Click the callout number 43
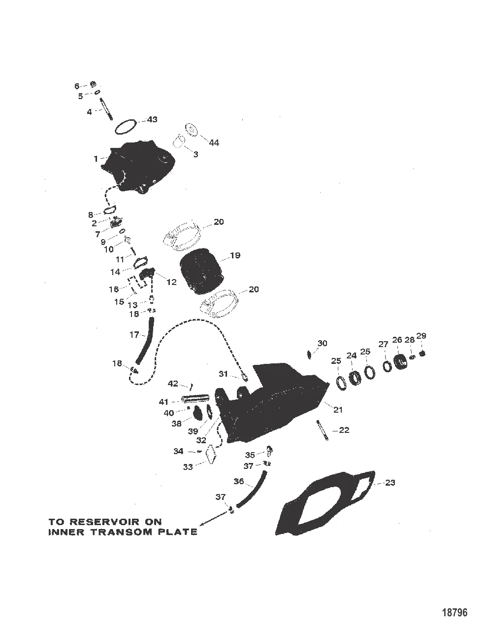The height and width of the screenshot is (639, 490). click(x=152, y=120)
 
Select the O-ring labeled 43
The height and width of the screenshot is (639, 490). click(x=125, y=127)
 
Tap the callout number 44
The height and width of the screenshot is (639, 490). click(x=214, y=142)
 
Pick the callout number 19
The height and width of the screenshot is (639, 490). click(x=235, y=255)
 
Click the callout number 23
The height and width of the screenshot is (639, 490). click(x=390, y=483)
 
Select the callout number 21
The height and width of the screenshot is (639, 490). click(x=338, y=410)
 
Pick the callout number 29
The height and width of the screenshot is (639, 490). click(x=421, y=336)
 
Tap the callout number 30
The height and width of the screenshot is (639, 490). click(x=322, y=343)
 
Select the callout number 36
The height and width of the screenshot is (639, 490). click(x=238, y=481)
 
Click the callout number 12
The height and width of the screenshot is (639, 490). click(x=171, y=282)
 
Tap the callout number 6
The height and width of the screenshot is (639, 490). click(x=77, y=86)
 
